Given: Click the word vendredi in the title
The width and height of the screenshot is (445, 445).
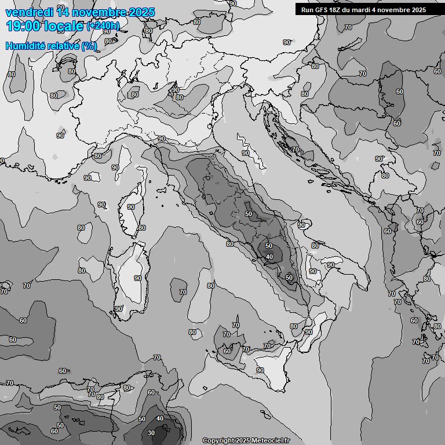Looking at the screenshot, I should coord(28,12).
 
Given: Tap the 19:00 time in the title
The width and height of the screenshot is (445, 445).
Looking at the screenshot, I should coord(23,25).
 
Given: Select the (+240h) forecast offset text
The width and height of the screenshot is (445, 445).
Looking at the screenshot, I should coord(103,25).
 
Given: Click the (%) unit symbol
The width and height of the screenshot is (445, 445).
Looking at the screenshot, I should coord(89,46).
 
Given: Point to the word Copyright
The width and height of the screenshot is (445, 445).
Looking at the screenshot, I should coord(218,441).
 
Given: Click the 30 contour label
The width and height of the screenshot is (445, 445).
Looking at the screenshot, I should coord(151,433).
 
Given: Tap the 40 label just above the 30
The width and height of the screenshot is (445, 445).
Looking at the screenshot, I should coord(160,418).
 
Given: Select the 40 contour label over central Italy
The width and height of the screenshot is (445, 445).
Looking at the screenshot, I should coord(269,257).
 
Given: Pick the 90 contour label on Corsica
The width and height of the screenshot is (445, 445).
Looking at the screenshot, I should coord(131,207).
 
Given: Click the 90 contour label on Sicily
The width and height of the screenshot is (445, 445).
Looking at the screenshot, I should coord(260,370).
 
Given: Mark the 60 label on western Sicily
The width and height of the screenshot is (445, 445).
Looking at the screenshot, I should coord(227,351).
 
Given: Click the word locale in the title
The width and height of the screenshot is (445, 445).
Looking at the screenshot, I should coord(63,25).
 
